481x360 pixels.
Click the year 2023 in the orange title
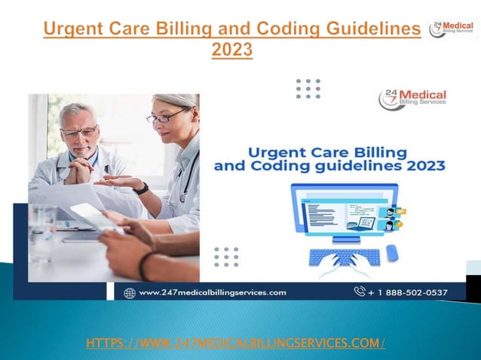click(x=231, y=50)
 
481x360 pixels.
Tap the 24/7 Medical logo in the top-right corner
click(x=452, y=29)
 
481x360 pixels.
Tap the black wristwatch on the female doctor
click(x=141, y=188)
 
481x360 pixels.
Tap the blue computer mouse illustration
click(x=391, y=253)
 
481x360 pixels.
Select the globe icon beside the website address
click(x=129, y=292)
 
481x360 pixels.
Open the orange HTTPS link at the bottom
click(x=236, y=343)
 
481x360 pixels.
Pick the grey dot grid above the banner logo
click(x=308, y=88)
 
